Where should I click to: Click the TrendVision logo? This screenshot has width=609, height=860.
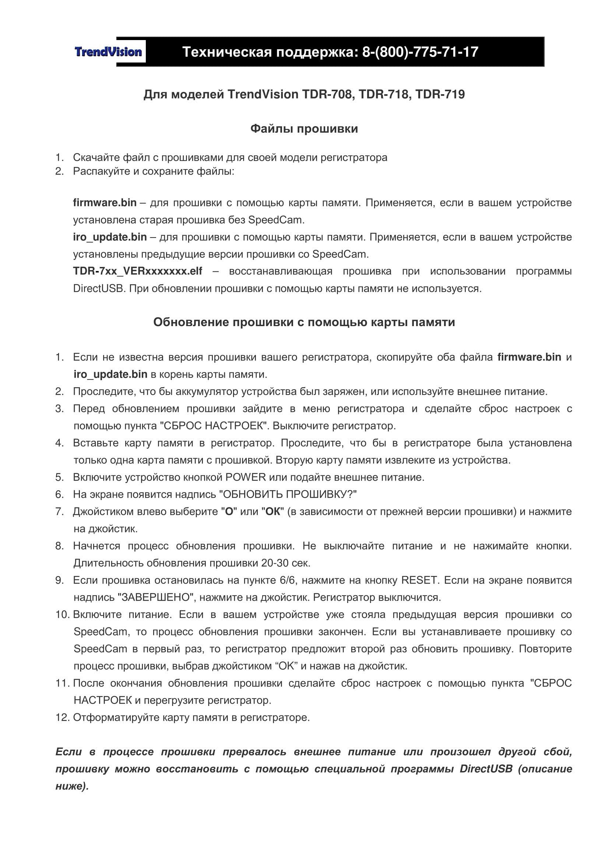(x=108, y=52)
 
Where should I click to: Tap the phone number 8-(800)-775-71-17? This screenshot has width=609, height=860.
(x=420, y=52)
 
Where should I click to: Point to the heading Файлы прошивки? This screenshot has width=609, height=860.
(x=304, y=129)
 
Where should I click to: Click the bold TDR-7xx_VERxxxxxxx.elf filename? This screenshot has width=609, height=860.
(x=138, y=271)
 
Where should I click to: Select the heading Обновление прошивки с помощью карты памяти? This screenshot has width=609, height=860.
(x=304, y=322)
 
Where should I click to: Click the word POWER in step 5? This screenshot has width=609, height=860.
(x=245, y=478)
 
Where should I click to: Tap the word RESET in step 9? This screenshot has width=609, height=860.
(x=419, y=581)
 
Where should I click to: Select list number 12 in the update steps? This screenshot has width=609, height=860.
(x=62, y=718)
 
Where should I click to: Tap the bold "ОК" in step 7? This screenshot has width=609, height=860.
(x=272, y=512)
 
